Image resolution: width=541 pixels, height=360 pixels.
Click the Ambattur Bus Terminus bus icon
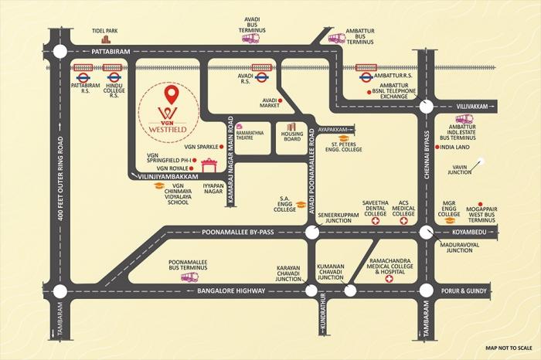coord(336,38)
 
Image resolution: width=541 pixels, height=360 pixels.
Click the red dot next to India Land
coord(437,146)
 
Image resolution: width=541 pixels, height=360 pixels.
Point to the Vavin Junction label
coord(461,173)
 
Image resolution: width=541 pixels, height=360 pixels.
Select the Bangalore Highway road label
coord(231,291)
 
